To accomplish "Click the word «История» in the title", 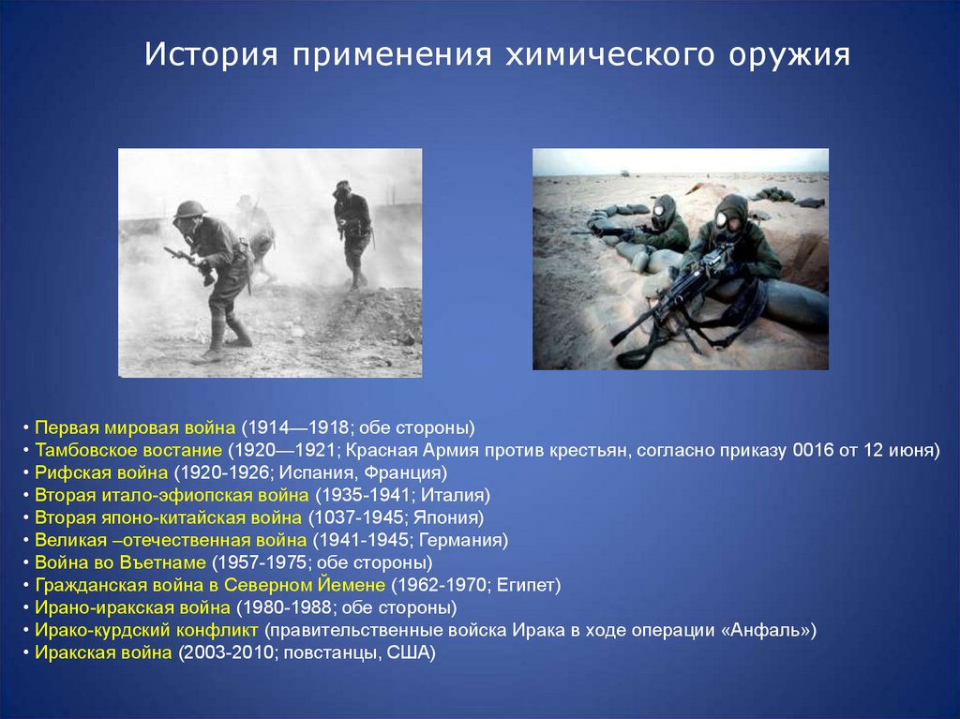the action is pyautogui.click(x=211, y=53).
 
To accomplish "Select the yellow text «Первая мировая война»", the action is pyautogui.click(x=135, y=427).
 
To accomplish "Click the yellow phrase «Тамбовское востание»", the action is pyautogui.click(x=127, y=450).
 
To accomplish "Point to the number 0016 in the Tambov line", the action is pyautogui.click(x=813, y=450).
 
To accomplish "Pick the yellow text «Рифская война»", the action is pyautogui.click(x=101, y=472).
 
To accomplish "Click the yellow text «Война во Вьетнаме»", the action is pyautogui.click(x=120, y=562).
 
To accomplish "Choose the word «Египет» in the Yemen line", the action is pyautogui.click(x=525, y=585).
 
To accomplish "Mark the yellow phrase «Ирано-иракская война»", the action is pyautogui.click(x=132, y=607).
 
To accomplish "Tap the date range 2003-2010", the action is pyautogui.click(x=229, y=652).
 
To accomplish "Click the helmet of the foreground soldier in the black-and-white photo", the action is pyautogui.click(x=189, y=209).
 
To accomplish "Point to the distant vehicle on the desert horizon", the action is pyautogui.click(x=625, y=173).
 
